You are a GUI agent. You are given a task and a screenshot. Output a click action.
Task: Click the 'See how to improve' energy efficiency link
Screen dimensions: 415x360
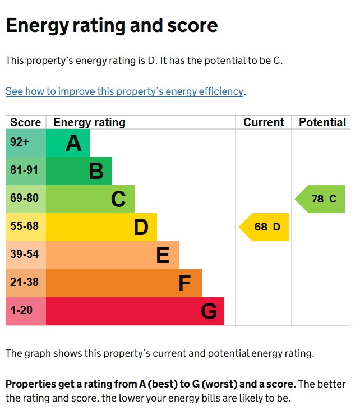124,91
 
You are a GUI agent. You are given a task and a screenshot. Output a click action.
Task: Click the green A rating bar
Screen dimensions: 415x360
67,143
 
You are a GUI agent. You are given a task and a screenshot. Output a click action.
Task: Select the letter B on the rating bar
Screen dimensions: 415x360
96,171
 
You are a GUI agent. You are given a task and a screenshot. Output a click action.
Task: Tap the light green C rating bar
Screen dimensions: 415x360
90,199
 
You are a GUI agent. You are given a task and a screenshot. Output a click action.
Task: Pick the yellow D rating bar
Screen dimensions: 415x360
101,227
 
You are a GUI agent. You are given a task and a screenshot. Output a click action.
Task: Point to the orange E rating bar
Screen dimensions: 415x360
112,255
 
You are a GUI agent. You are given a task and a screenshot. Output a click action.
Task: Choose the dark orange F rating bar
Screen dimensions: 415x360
123,283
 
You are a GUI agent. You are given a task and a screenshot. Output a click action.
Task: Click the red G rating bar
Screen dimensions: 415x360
135,311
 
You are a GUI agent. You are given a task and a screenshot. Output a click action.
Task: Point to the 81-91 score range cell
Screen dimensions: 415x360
25,171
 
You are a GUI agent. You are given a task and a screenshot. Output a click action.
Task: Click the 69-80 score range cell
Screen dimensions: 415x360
25,199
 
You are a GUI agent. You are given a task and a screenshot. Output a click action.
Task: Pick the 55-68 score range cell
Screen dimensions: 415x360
25,227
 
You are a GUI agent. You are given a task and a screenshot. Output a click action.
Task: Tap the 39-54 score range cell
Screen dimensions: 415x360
25,255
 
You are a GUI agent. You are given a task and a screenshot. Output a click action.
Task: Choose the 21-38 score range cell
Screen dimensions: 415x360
25,283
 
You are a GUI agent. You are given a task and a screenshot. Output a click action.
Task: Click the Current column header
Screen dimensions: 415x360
264,122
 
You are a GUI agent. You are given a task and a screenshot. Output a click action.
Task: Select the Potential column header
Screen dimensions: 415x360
322,122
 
